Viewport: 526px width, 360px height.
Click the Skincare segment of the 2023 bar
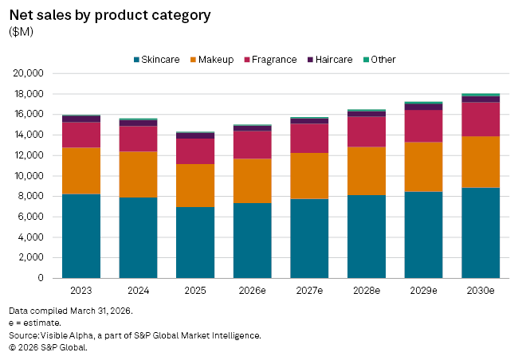81,236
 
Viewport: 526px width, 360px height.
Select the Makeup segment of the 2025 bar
195,186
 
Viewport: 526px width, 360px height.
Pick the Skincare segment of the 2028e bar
367,237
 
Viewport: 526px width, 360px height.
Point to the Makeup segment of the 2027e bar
309,176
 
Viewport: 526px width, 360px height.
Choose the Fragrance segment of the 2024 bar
138,139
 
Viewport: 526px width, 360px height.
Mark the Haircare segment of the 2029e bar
423,107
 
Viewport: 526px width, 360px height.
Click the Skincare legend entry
157,60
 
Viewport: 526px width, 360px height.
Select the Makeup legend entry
211,60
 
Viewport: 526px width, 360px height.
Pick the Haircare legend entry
334,60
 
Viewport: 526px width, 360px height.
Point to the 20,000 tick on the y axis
29,73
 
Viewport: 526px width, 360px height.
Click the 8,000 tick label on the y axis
33,196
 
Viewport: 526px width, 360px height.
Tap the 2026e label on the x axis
252,291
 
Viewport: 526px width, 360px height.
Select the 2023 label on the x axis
81,291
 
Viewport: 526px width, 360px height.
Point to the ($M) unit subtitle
22,31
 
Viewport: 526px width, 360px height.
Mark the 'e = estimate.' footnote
37,322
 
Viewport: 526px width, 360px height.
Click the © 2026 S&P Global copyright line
48,347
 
